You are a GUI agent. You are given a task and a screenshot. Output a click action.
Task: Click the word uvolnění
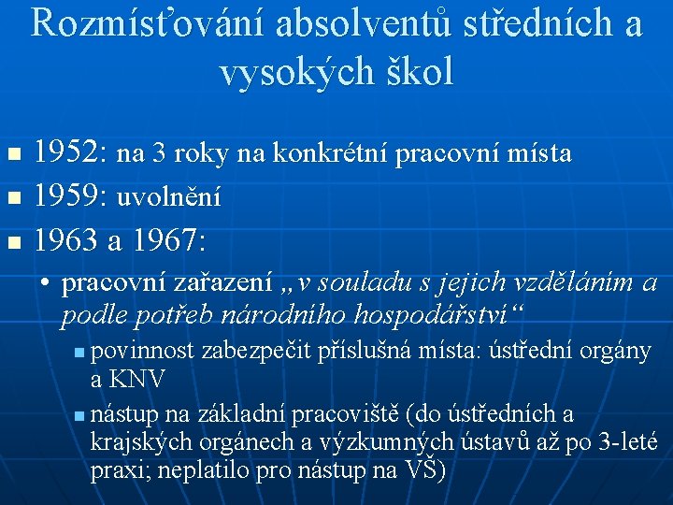tap(168, 198)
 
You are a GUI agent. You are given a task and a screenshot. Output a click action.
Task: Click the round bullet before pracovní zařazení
tap(45, 282)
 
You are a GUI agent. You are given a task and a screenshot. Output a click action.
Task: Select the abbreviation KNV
tap(137, 380)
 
